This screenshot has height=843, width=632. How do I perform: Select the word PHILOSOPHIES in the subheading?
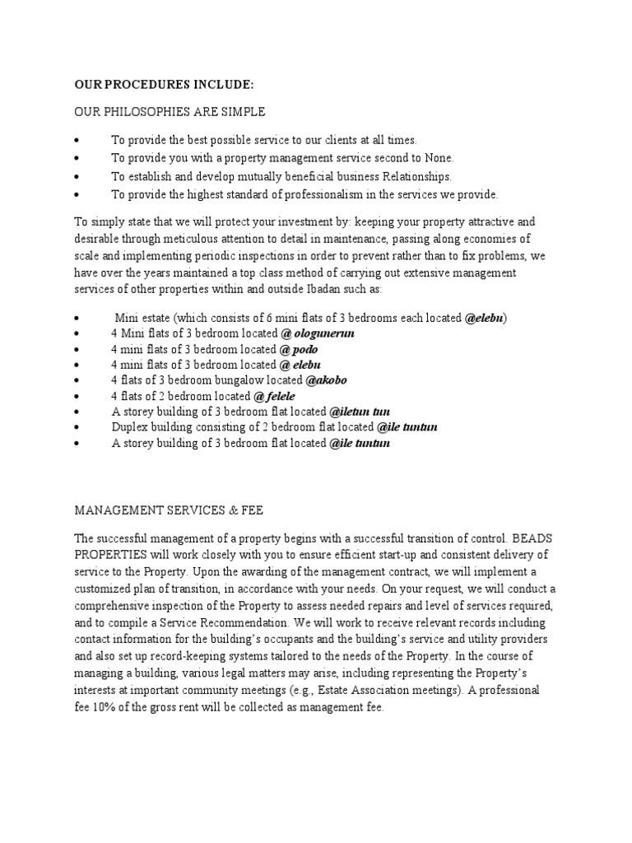[x=137, y=111]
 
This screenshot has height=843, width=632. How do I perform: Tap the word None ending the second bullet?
[x=438, y=158]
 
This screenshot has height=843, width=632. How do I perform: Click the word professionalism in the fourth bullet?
[x=322, y=195]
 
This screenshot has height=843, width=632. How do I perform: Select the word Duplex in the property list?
[x=130, y=427]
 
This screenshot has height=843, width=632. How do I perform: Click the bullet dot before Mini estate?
[x=77, y=319]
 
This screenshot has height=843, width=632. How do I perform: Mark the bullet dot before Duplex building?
[x=77, y=427]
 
